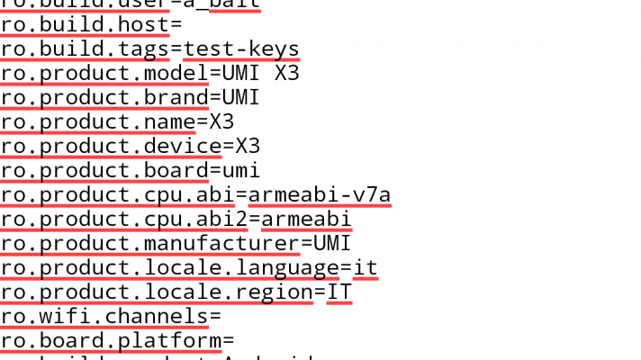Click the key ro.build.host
point(85,23)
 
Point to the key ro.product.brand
point(104,96)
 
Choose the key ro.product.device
point(111,145)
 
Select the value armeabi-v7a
point(320,193)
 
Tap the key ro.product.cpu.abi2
point(124,218)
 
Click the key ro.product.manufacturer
point(150,242)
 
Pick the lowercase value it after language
point(366,266)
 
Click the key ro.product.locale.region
point(157,291)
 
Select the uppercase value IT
point(339,291)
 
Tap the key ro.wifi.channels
point(104,315)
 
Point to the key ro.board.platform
point(111,339)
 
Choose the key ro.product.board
point(104,169)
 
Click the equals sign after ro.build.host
point(176,23)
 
